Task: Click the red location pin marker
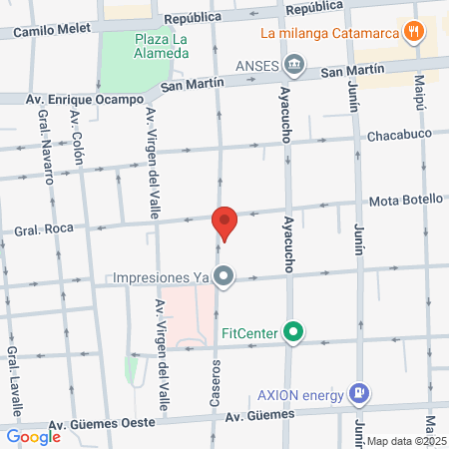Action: click(224, 223)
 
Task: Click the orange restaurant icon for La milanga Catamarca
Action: click(413, 31)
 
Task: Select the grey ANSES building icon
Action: click(294, 67)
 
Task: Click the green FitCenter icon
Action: click(293, 331)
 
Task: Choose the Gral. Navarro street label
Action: click(46, 149)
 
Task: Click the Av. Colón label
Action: click(78, 140)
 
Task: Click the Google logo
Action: click(32, 436)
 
